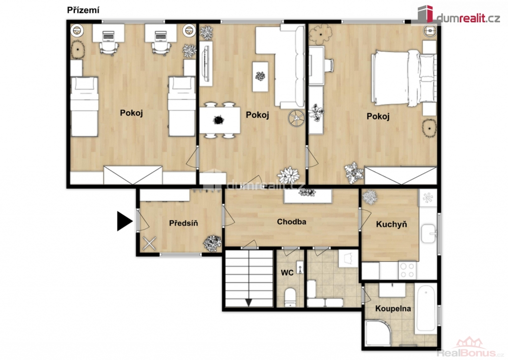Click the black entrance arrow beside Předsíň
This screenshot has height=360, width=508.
pos(125,221)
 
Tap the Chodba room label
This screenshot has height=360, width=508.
pos(291,222)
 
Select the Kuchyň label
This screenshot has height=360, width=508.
pos(391,224)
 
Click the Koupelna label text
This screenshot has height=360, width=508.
pos(393,308)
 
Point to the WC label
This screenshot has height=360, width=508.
pos(287,273)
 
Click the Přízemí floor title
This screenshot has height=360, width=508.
pos(83,10)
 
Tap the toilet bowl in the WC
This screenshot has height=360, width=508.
pos(290,297)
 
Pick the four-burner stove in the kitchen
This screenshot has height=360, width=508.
pos(408,270)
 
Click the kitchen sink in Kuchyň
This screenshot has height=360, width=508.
pos(429,233)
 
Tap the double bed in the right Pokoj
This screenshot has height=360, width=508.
pos(403,77)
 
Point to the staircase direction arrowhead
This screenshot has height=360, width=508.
pos(249,302)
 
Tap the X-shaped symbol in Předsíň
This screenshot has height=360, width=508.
pos(149,243)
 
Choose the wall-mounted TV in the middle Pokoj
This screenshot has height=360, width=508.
pos(206,64)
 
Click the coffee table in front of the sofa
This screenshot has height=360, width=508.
pos(260,76)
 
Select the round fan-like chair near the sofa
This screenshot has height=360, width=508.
pos(296,117)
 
